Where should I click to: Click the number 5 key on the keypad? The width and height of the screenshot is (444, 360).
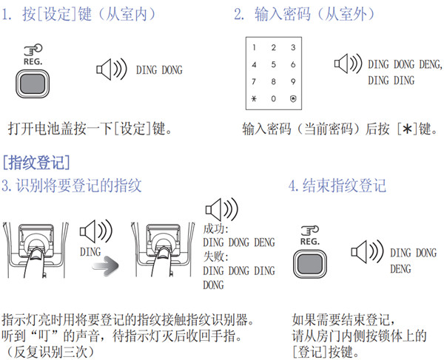click(273, 64)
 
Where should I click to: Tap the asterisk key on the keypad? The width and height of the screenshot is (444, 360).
click(254, 99)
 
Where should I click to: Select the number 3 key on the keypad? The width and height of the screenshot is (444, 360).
click(293, 47)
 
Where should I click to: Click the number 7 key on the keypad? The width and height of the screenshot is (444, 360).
click(254, 82)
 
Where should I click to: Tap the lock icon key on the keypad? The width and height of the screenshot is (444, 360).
click(293, 99)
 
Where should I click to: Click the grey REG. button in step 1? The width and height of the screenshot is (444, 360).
click(33, 84)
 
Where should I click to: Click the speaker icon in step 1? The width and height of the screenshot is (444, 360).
click(112, 69)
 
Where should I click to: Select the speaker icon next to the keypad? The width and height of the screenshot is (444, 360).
click(348, 64)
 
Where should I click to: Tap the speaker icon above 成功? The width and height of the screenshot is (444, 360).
click(222, 209)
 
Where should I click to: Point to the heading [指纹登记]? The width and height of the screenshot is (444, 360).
click(36, 163)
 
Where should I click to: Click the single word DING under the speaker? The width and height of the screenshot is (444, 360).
click(90, 251)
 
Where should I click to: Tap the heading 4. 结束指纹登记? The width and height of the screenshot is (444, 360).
click(337, 186)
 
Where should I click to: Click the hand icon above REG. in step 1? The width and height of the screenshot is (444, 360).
click(33, 50)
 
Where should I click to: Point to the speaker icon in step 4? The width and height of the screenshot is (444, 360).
click(367, 251)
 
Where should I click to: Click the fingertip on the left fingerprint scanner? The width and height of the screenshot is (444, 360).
click(36, 254)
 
